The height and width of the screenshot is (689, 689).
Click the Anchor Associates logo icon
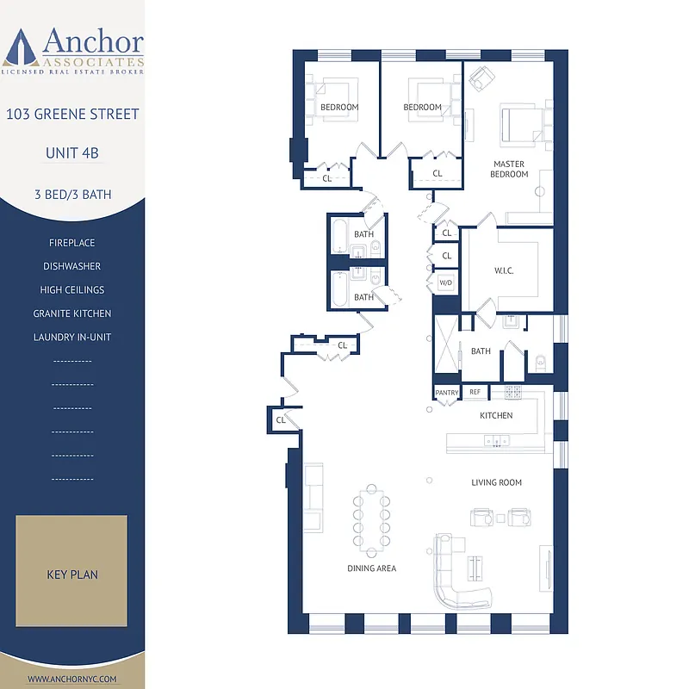pos(21,47)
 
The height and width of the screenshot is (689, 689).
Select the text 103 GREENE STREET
pos(72,115)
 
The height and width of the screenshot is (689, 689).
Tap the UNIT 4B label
pos(72,153)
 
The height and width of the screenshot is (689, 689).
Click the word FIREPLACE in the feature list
pos(72,244)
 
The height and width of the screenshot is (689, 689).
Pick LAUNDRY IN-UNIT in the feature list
pos(72,337)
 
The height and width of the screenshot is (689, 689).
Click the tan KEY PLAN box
pos(72,571)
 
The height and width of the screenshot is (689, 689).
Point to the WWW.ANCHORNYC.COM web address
pos(72,679)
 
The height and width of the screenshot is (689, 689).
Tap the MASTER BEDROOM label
pos(510,169)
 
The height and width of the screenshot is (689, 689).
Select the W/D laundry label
pos(446,282)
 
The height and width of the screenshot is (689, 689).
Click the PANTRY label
pos(447,393)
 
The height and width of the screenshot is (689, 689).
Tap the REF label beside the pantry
pos(475,393)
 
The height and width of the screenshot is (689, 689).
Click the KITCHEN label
pos(496,415)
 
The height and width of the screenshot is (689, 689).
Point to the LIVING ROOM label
pos(496,482)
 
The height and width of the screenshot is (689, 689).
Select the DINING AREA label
pos(372,568)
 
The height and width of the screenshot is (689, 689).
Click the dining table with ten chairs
pos(372,519)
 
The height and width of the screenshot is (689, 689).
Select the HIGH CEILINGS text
pos(72,290)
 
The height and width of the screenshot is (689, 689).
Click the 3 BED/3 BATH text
pos(72,195)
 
